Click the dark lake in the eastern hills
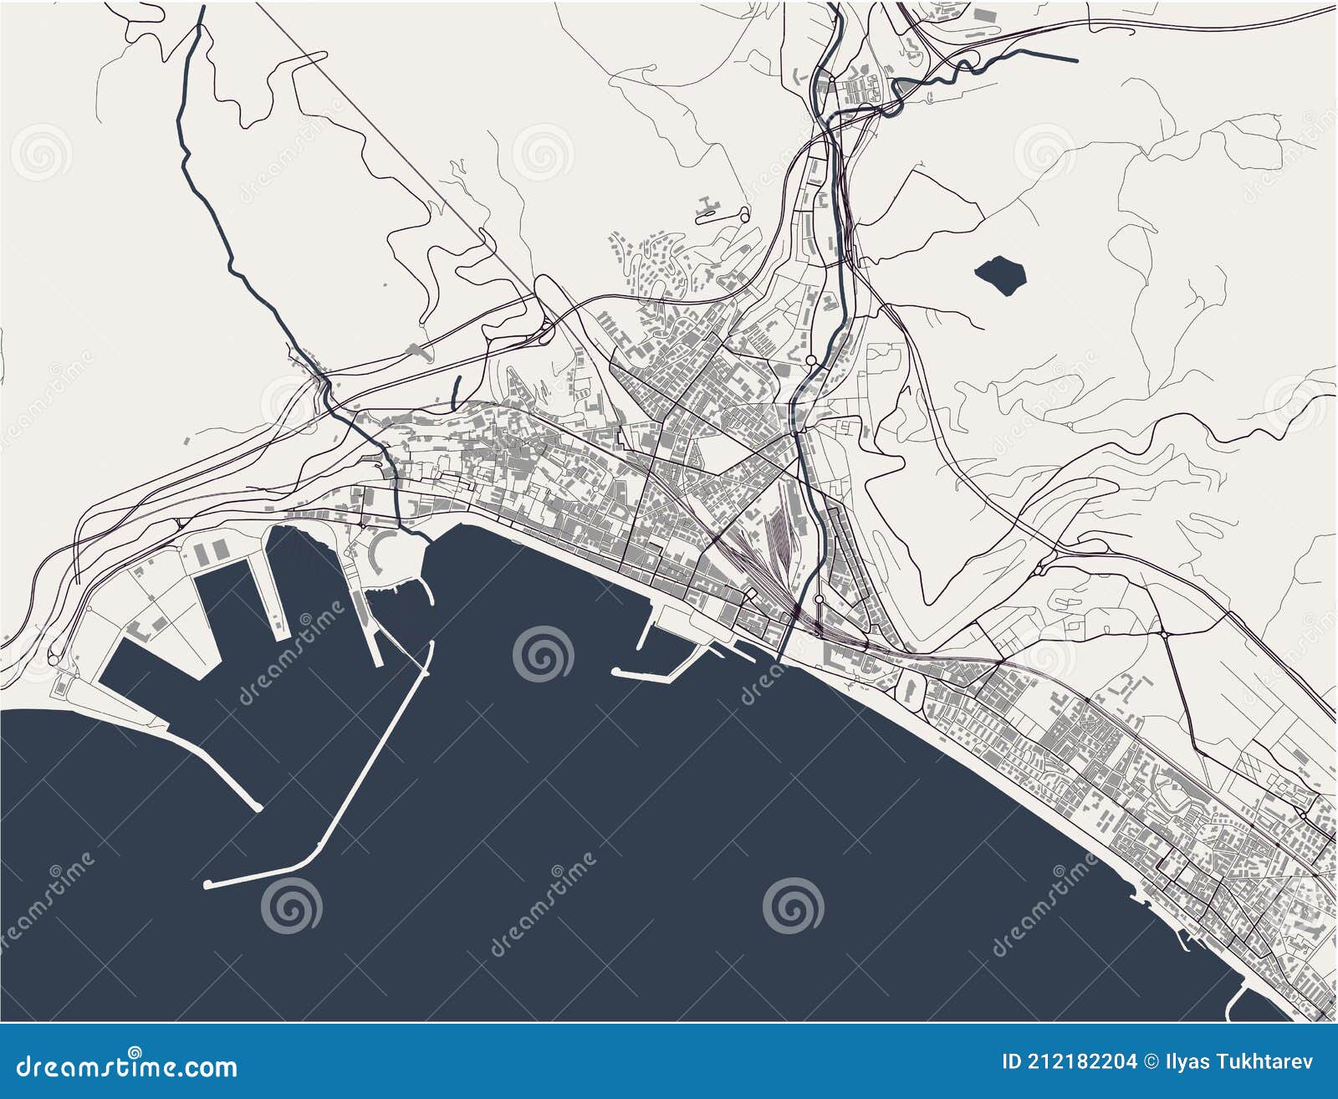tap(1000, 274)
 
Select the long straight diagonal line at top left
tap(393, 142)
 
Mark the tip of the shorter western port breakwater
tap(258, 807)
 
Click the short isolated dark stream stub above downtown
tap(457, 391)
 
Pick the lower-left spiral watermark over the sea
tap(290, 905)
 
